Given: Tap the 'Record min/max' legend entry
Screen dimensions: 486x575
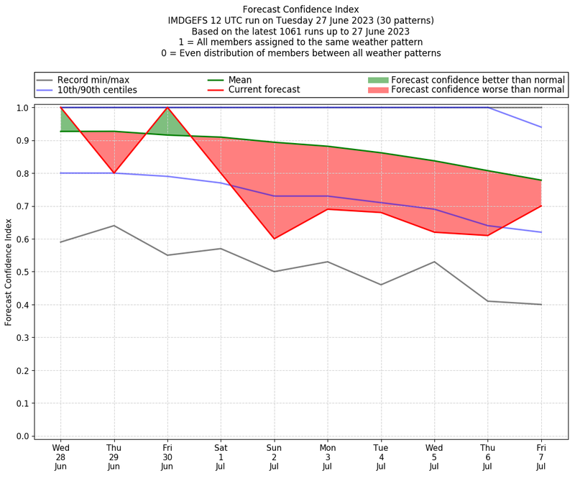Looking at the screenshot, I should point(91,80).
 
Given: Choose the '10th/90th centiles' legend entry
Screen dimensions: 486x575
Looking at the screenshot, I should point(96,90).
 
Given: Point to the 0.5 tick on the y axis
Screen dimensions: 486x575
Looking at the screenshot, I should point(22,272).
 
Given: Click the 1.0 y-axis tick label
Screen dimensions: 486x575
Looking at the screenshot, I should point(22,108).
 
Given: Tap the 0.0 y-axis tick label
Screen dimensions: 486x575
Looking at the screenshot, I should point(22,436).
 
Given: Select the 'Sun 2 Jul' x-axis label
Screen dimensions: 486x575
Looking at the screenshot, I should point(274,456).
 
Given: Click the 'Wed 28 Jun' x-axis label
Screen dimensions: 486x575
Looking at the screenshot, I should point(60,456).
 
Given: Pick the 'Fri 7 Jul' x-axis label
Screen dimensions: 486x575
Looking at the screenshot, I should point(541,456).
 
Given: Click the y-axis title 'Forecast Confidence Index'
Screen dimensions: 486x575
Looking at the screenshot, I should point(9,272).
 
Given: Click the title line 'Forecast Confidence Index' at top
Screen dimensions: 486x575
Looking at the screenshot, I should point(301,9).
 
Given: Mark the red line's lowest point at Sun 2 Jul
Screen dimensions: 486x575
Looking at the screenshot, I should point(274,239).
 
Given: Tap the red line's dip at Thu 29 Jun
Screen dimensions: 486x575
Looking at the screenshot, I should point(114,173).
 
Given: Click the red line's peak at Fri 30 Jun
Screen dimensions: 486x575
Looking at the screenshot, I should point(167,108).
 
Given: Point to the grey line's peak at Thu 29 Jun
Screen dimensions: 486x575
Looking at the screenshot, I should point(114,226).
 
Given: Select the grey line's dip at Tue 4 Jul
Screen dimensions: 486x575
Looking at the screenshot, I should point(381,285).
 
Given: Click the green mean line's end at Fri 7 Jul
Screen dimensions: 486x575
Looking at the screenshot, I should point(541,180).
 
